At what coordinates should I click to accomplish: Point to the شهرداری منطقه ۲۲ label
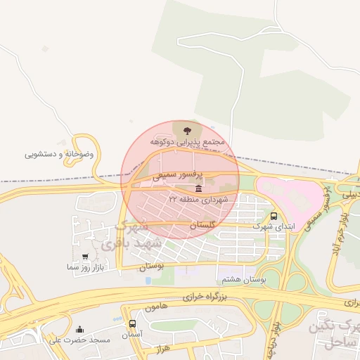[x=198, y=200]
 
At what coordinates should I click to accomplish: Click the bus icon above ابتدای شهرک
[x=274, y=217]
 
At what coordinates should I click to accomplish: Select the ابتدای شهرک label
[x=273, y=227]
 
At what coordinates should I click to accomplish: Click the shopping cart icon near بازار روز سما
[x=86, y=257]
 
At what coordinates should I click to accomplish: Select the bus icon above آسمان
[x=133, y=324]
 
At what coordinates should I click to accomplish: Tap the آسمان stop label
[x=131, y=335]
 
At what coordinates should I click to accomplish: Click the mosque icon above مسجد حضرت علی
[x=79, y=329]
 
